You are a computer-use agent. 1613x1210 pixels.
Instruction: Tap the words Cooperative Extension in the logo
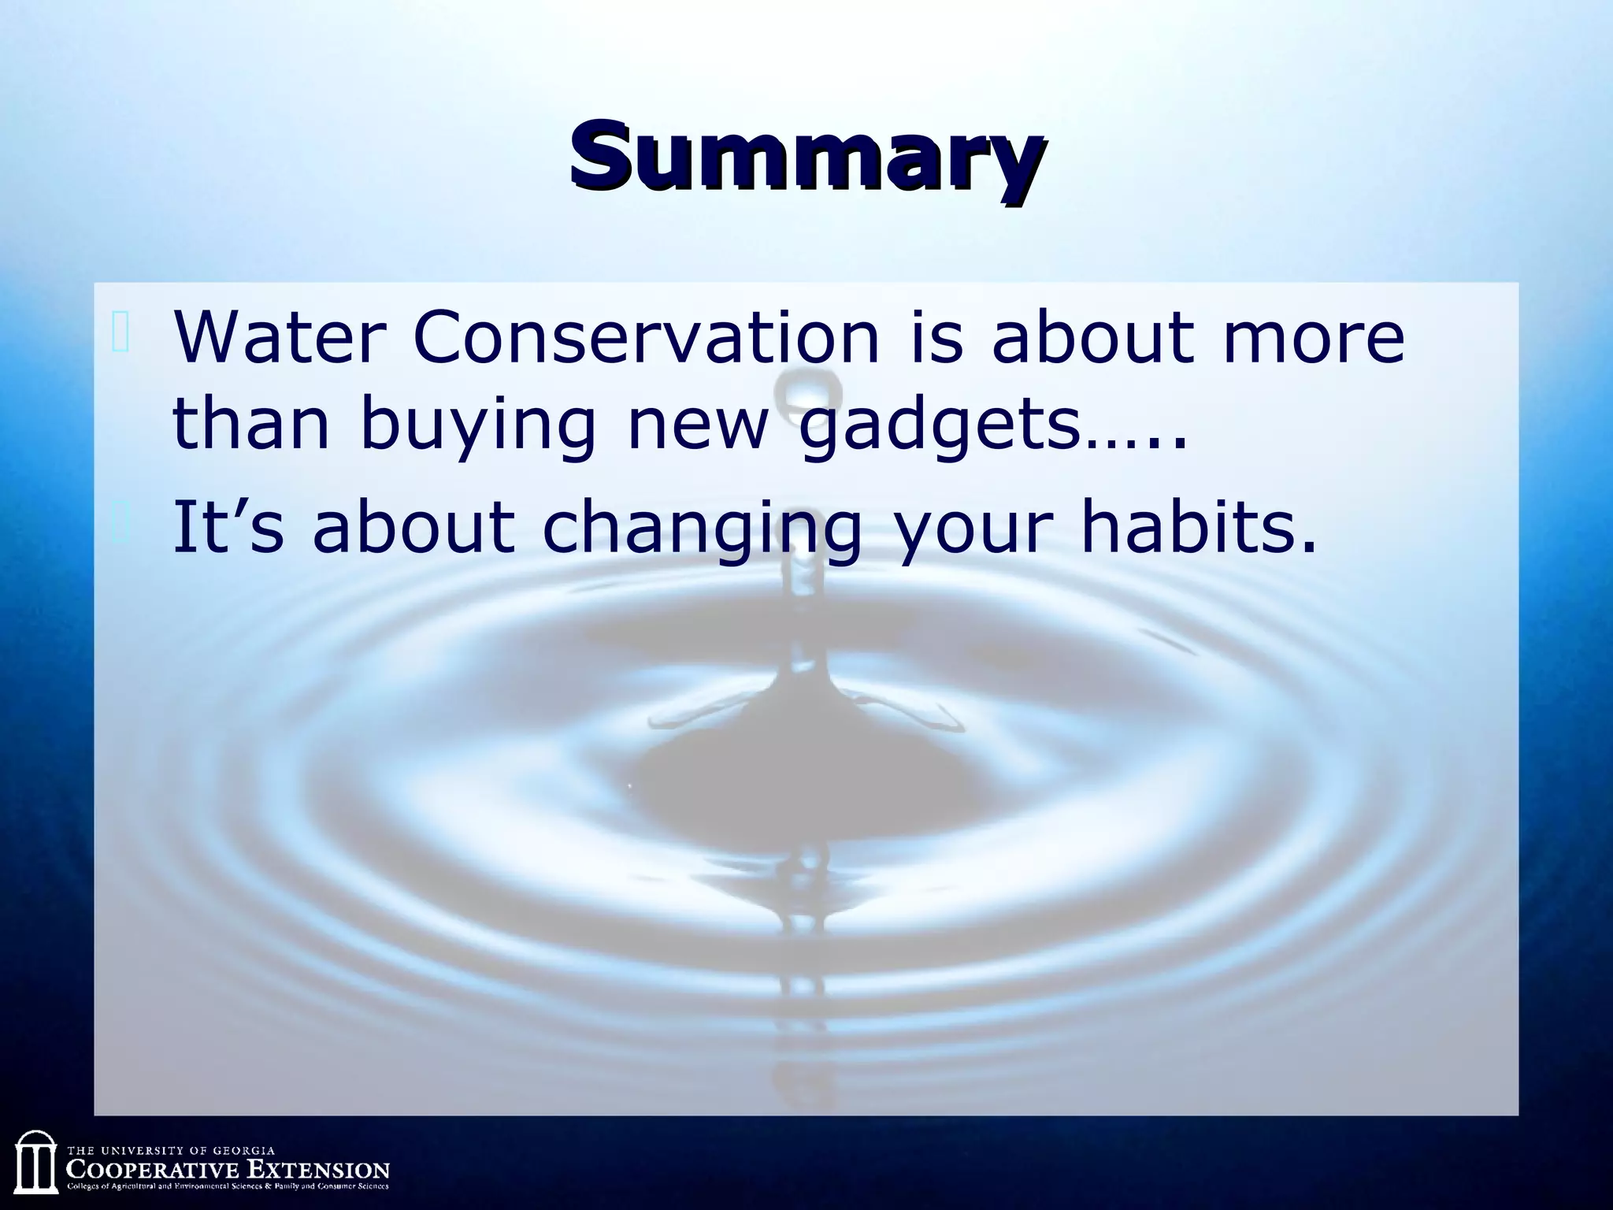pyautogui.click(x=228, y=1168)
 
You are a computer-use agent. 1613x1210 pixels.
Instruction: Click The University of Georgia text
pyautogui.click(x=172, y=1151)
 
